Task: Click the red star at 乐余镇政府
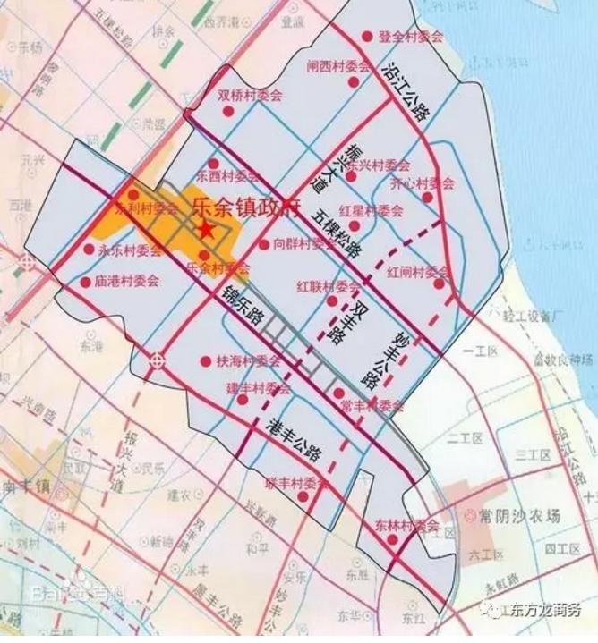206,229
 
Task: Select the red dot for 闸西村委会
354,81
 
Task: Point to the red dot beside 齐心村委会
427,198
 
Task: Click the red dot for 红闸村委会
439,284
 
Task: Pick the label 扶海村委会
249,362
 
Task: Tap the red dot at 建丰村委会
242,400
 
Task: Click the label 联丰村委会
296,483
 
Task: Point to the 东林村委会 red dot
367,539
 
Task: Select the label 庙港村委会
126,281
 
